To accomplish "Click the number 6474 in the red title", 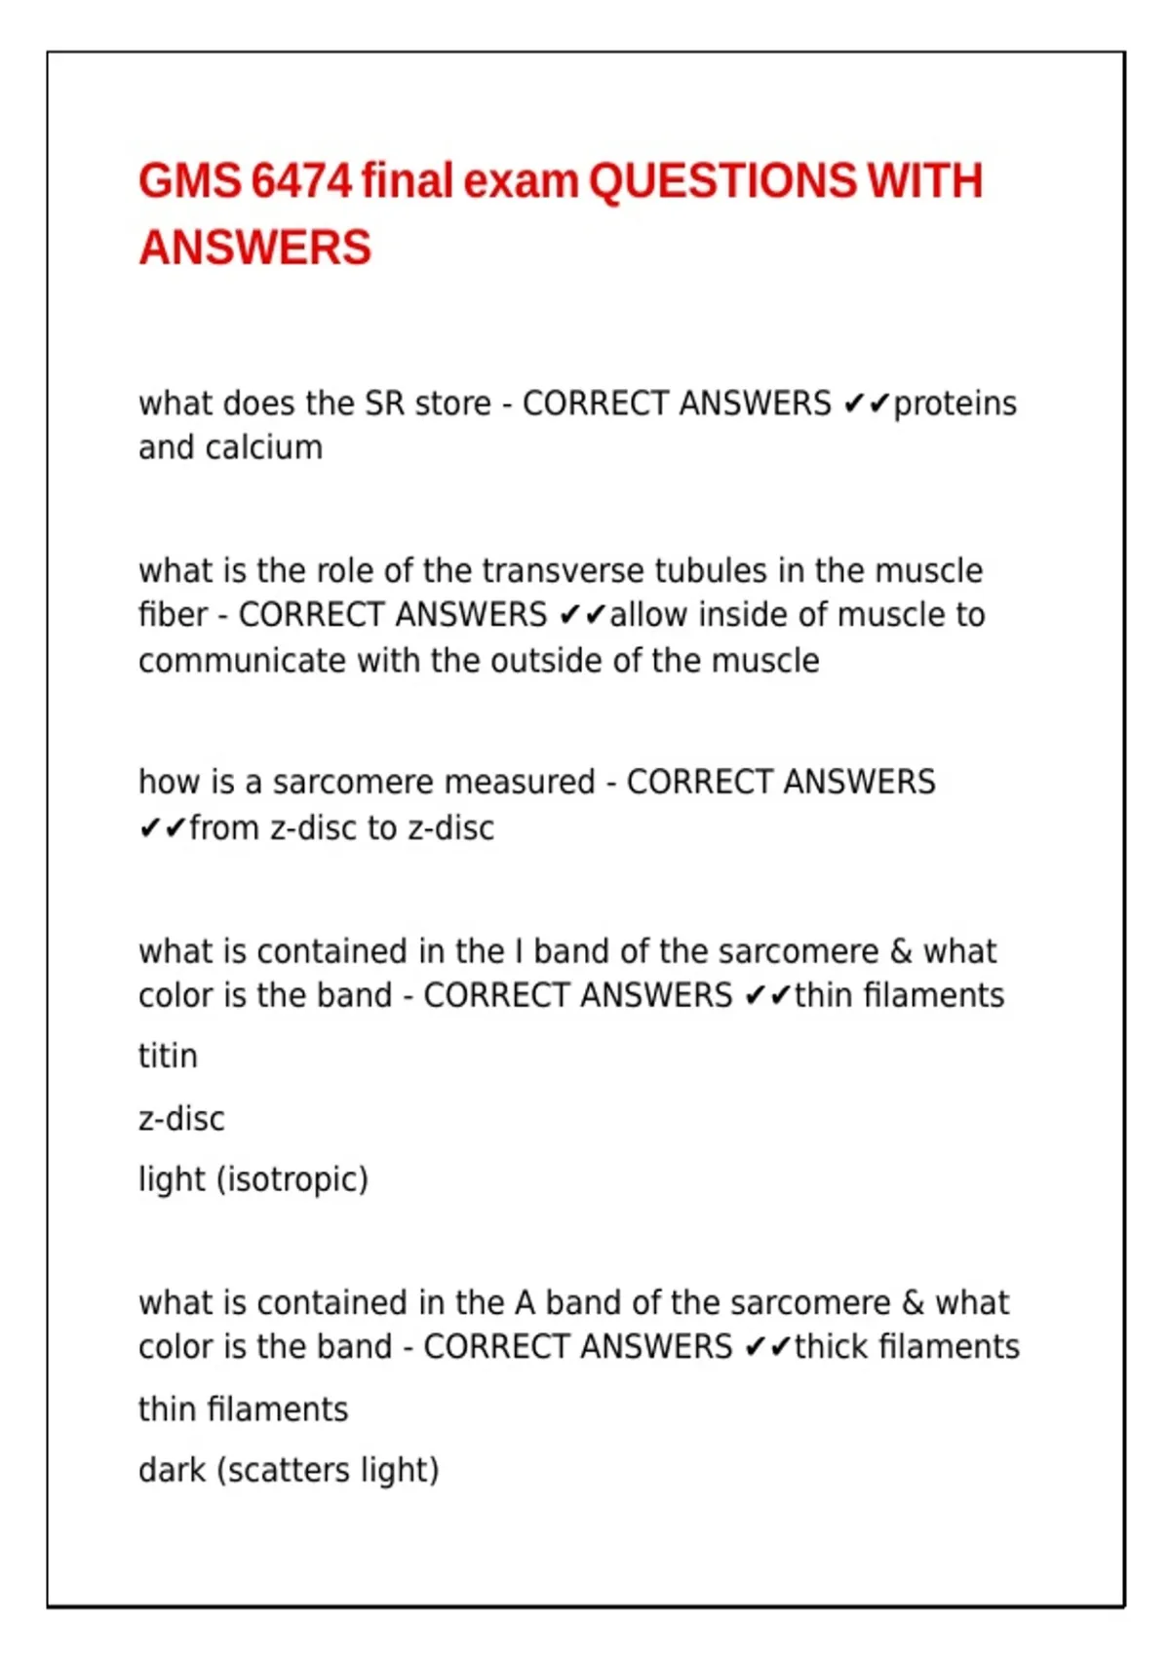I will [300, 182].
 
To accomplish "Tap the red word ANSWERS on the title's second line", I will [255, 248].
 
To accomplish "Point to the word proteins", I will [955, 404].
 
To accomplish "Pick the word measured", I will [519, 782].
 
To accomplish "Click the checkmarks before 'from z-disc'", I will [162, 828].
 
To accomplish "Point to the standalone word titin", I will [168, 1056].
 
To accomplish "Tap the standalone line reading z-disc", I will [181, 1118].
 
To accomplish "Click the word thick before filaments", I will [832, 1347].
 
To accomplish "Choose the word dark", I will [172, 1470].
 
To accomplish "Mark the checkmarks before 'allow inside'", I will [583, 615].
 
